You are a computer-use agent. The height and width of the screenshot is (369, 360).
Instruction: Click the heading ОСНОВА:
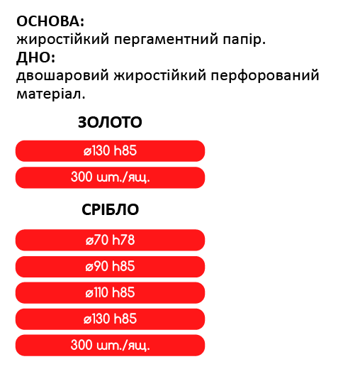tap(50, 21)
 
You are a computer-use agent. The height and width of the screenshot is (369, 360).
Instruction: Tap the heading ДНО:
tap(35, 57)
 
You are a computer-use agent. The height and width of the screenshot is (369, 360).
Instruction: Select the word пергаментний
tap(166, 40)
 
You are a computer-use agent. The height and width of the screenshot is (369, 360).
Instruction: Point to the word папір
tap(244, 40)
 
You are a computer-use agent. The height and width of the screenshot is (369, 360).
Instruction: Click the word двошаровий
tap(62, 76)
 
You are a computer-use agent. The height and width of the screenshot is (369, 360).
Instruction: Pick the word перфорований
tap(265, 76)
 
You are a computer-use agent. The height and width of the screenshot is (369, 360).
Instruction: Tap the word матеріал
tap(51, 94)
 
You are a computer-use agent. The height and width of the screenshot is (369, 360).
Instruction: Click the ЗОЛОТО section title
tap(110, 122)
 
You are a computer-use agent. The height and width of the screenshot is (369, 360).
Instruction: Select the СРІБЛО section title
tap(110, 209)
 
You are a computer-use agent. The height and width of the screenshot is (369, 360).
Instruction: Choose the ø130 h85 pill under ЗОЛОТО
tap(110, 151)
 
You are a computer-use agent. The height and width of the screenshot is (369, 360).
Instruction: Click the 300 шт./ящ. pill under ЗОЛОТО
tap(110, 177)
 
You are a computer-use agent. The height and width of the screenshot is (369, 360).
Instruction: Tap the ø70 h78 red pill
tap(110, 240)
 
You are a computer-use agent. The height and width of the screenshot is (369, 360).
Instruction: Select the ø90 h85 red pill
tap(110, 267)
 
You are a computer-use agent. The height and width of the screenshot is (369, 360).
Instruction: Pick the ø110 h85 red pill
tap(110, 293)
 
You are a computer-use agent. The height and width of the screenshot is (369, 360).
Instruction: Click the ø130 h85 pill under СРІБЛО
tap(110, 319)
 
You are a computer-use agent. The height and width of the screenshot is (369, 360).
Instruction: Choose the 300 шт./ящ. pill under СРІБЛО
tap(110, 346)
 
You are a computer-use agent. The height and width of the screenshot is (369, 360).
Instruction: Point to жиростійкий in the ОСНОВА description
tap(63, 40)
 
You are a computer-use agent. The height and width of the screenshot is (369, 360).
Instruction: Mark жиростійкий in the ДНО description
tap(159, 76)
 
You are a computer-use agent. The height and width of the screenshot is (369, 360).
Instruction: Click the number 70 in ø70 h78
tap(101, 240)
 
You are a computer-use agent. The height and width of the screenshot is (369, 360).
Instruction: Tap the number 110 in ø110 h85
tap(101, 292)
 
